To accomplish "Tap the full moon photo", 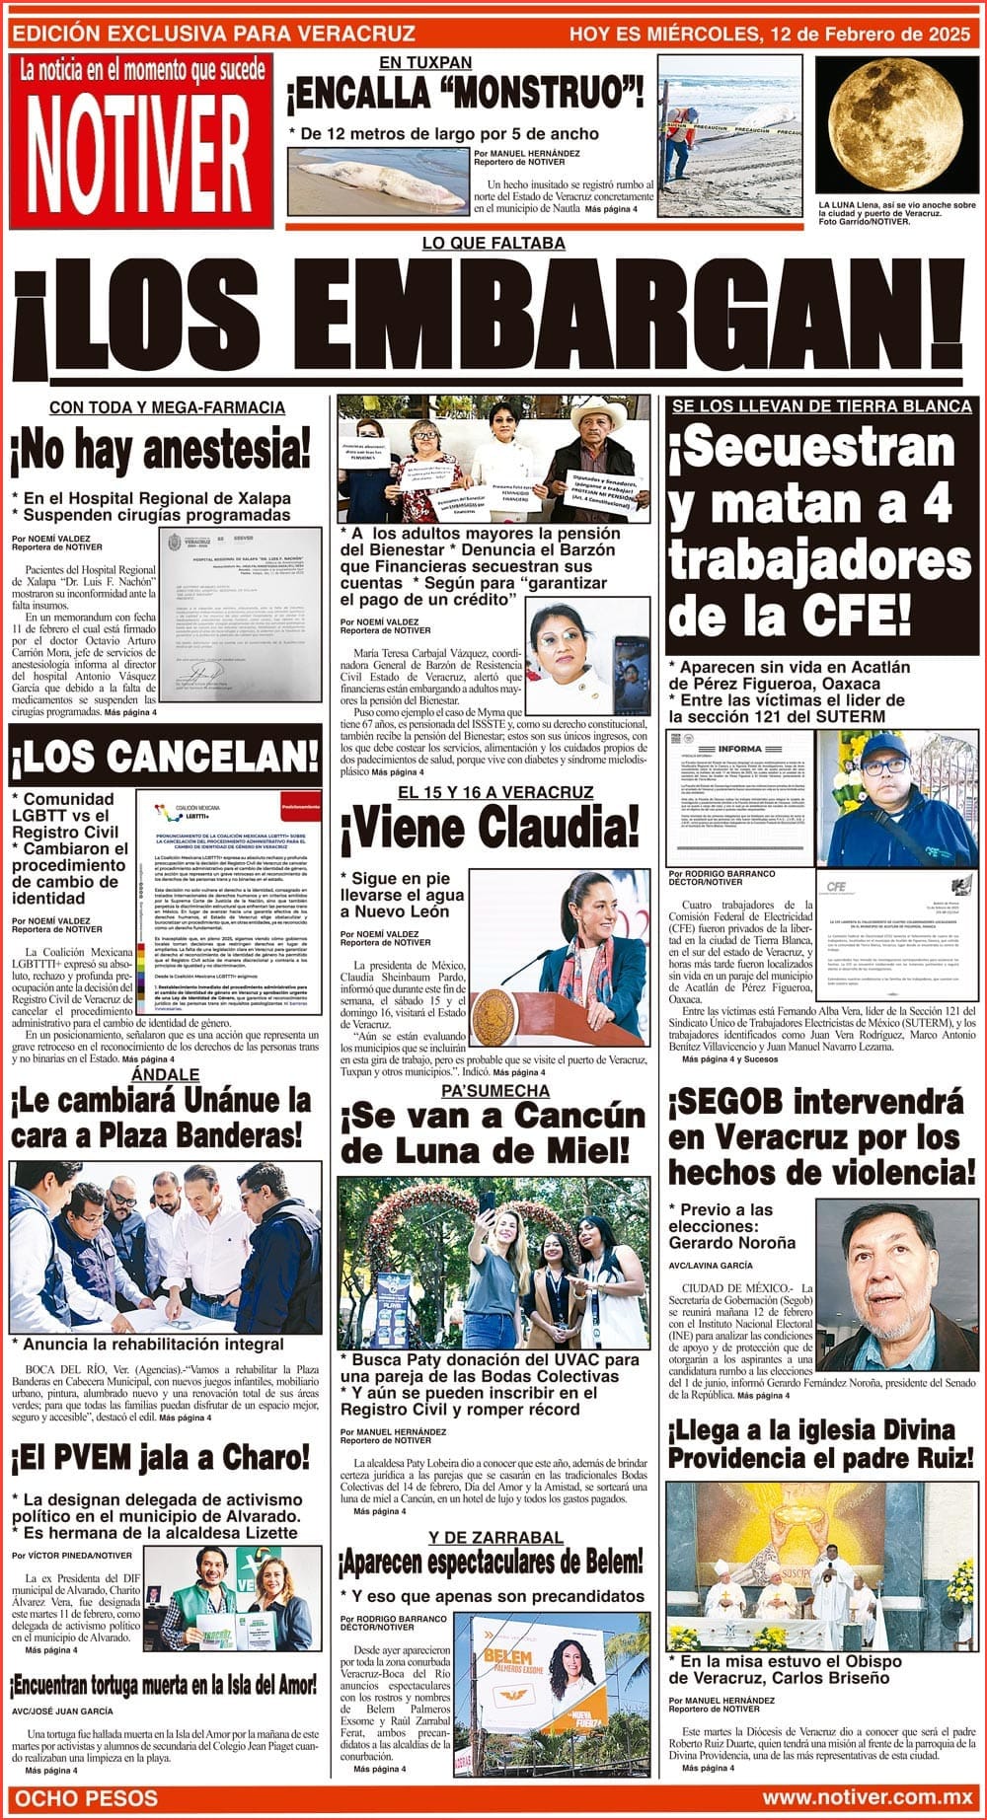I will [899, 125].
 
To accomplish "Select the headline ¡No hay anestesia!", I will [160, 451].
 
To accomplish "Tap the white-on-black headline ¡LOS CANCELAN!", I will [165, 757].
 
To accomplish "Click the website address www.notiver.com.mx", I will [866, 1798].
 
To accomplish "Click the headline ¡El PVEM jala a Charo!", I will [161, 1457].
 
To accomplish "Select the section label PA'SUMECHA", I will [494, 1090].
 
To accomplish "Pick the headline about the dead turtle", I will [164, 1684].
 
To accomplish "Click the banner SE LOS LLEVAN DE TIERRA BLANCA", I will [821, 406].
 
